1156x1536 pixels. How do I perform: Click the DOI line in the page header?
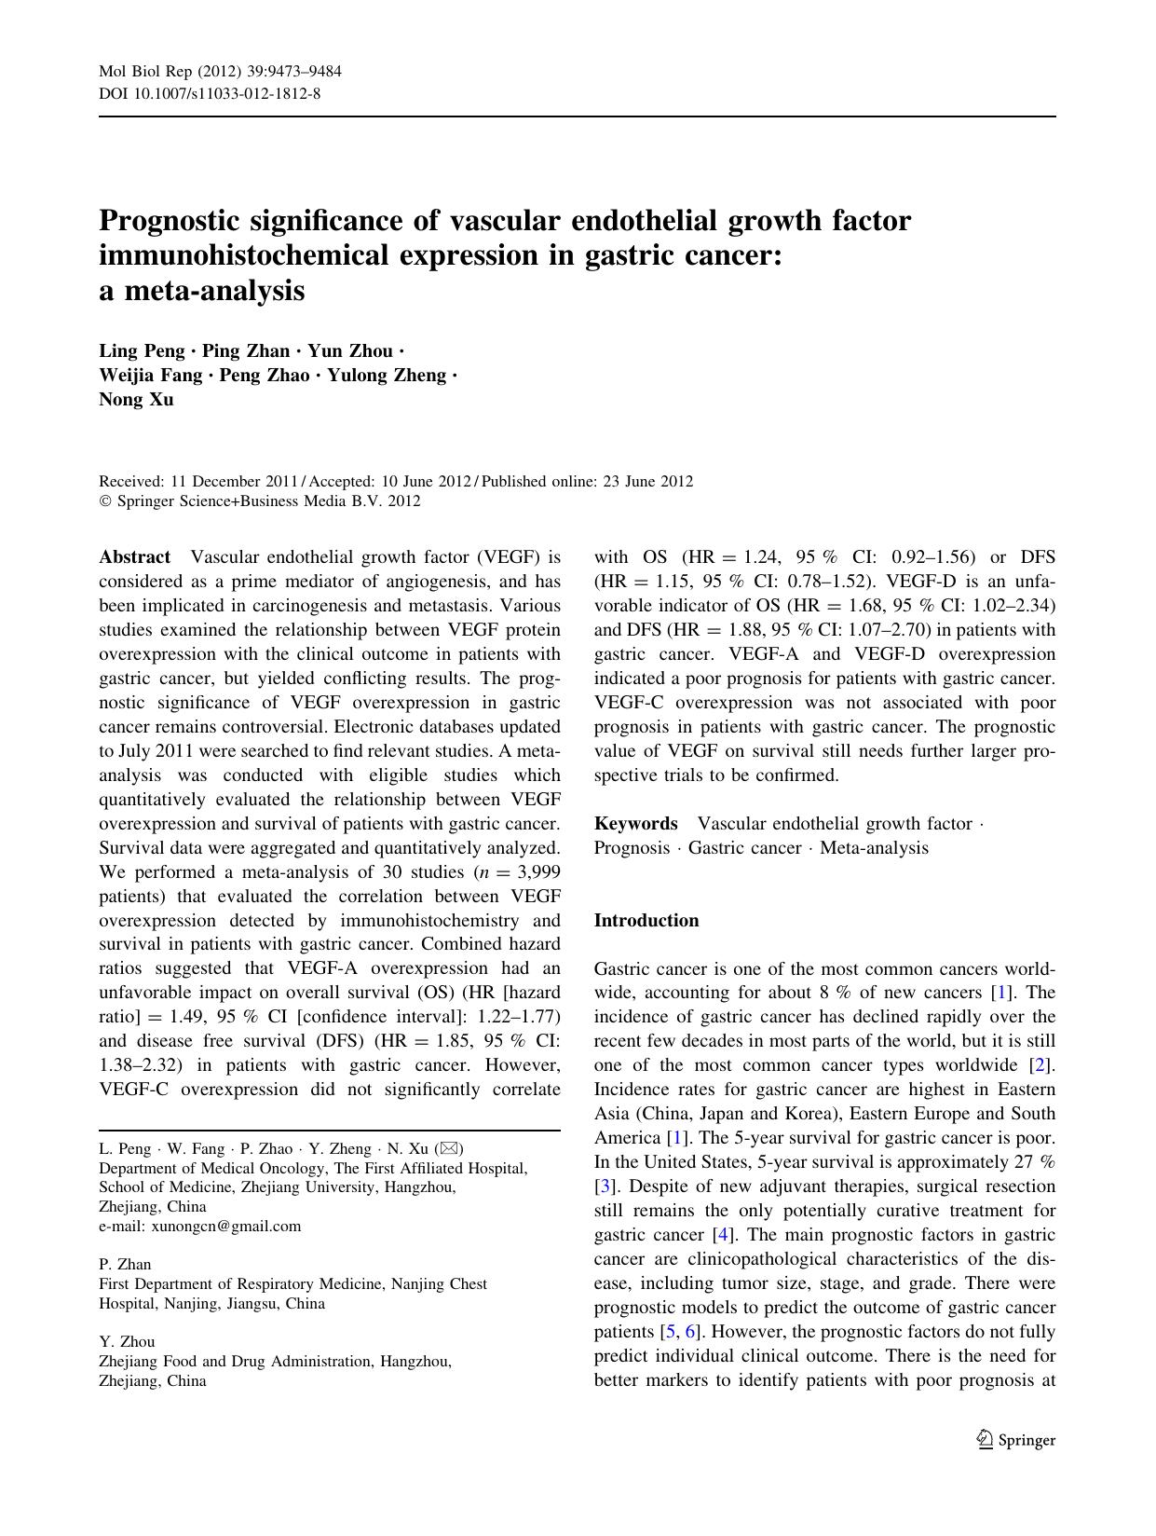tap(210, 94)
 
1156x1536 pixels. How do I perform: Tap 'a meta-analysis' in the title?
tap(201, 291)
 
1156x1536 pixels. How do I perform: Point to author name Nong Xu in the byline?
tap(136, 400)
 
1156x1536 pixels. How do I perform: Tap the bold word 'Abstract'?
tap(135, 557)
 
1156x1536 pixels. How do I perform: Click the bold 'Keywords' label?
tap(635, 824)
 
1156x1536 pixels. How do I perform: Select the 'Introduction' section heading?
tap(646, 921)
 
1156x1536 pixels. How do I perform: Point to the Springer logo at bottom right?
tap(1015, 1440)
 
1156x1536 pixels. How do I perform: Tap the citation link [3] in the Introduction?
tap(605, 1186)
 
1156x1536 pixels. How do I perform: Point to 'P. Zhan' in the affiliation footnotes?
tap(125, 1265)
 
